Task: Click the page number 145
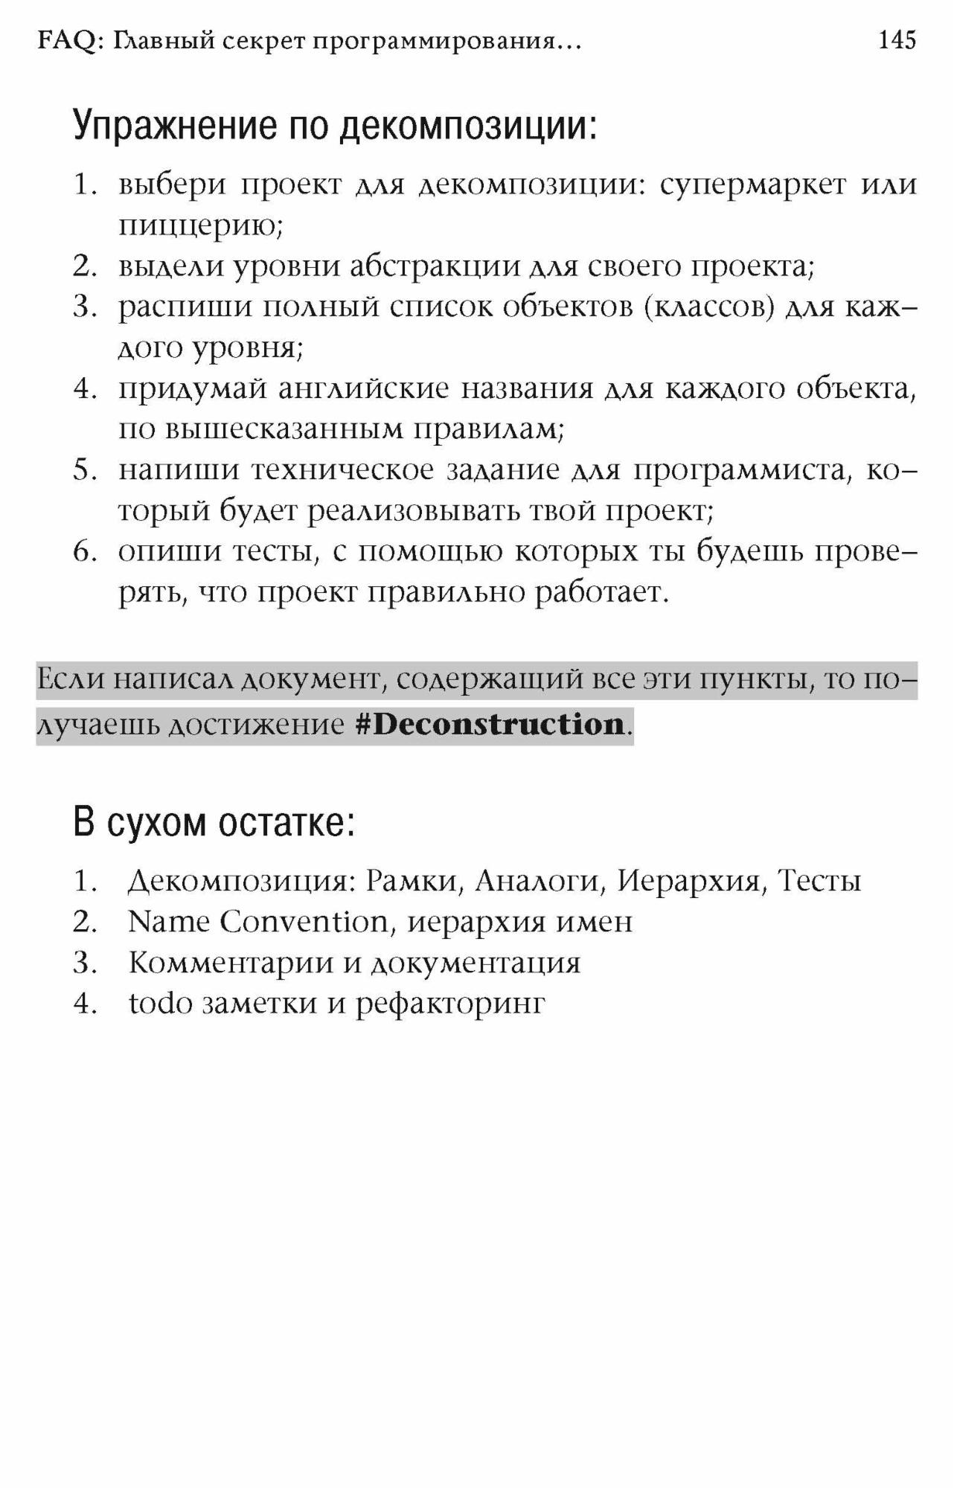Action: tap(897, 40)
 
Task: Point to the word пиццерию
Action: tap(200, 225)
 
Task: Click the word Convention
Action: tap(304, 923)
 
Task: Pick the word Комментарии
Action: tap(228, 963)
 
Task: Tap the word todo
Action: tap(160, 1004)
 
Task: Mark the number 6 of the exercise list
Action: tap(83, 552)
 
